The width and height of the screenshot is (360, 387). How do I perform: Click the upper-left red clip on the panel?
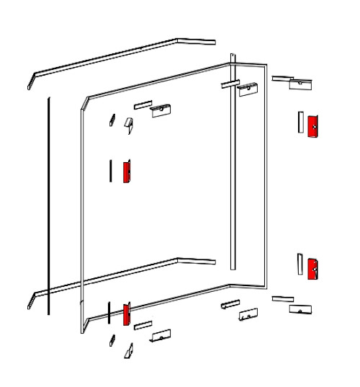click(x=126, y=172)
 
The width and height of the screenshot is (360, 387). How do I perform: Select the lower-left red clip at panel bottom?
click(x=126, y=314)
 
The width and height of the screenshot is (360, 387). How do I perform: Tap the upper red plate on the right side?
click(x=312, y=126)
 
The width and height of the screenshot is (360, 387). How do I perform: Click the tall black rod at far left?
click(x=48, y=205)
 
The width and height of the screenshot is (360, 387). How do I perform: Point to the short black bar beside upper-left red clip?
click(x=110, y=170)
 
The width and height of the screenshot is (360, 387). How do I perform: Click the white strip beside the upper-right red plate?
click(x=300, y=122)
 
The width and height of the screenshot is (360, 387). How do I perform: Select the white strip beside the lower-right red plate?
click(x=300, y=264)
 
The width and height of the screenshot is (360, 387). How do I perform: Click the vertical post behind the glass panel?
click(x=233, y=166)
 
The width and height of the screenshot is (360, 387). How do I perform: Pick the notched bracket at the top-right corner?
click(x=300, y=84)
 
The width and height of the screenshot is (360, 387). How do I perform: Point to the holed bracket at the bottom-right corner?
click(x=301, y=309)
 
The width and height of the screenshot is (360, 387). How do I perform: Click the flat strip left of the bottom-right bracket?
click(x=282, y=298)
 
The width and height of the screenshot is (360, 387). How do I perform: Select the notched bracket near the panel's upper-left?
click(x=161, y=110)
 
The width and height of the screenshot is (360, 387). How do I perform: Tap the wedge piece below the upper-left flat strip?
click(x=129, y=125)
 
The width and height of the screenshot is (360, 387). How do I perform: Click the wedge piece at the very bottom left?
click(x=129, y=350)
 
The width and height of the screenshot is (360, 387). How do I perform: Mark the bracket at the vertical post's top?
click(x=248, y=89)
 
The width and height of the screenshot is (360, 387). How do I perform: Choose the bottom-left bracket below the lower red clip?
click(x=161, y=335)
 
